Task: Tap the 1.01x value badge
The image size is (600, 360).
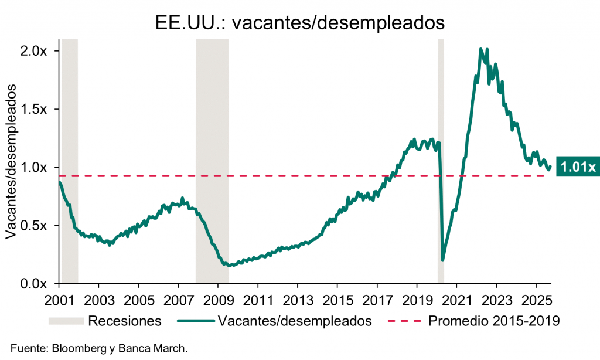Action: [x=577, y=167]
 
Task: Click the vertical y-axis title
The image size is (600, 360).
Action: [x=11, y=167]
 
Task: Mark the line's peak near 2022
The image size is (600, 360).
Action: [x=481, y=49]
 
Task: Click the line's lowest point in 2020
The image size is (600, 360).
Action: [x=443, y=260]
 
